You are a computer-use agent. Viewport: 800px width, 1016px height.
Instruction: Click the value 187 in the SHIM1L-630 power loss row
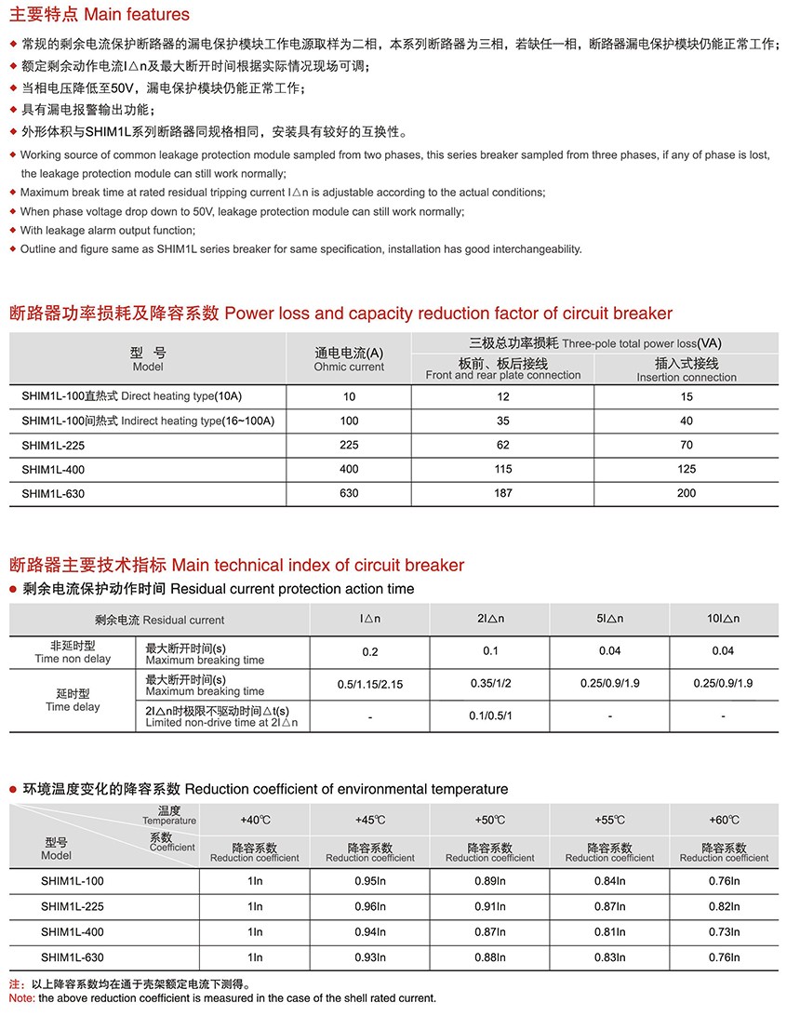503,493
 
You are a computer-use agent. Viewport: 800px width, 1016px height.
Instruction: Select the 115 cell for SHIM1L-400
503,469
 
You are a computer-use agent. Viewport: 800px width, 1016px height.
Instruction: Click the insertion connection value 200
687,493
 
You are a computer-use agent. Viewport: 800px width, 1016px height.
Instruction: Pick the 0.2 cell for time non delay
370,652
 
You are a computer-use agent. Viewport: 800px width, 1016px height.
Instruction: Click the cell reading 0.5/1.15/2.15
370,684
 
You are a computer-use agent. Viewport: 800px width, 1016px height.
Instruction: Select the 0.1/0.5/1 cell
490,716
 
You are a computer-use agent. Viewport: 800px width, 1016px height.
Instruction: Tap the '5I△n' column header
609,619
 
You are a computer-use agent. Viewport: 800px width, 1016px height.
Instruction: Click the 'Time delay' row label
73,701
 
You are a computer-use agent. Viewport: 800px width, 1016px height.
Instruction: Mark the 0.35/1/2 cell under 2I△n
490,684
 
